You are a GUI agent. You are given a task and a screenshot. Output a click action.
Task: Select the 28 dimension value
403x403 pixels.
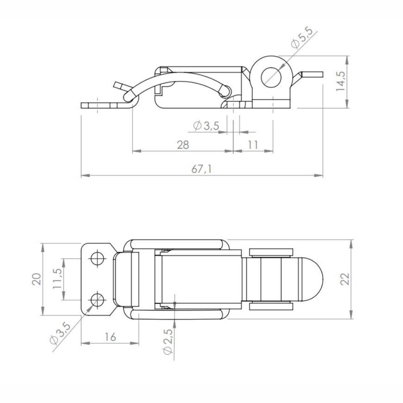tap(183, 145)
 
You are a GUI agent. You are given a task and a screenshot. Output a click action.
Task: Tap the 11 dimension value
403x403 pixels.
tap(253, 145)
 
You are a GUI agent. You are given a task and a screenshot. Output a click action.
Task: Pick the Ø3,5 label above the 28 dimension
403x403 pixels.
tap(206, 126)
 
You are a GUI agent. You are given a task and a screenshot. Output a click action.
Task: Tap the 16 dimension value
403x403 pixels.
tap(109, 337)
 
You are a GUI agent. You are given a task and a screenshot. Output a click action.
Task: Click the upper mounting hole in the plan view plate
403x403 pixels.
tap(97, 258)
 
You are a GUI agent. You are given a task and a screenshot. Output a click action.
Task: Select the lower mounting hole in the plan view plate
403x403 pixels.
tap(97, 299)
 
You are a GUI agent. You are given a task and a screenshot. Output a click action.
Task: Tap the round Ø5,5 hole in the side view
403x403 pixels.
tap(271, 76)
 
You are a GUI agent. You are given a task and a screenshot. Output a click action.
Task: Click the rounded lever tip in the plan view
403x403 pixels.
tap(314, 279)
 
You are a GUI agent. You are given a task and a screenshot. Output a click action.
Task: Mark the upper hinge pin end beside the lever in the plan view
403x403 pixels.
tap(271, 253)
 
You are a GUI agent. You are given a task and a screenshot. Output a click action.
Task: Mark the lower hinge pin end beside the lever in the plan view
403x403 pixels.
tap(271, 306)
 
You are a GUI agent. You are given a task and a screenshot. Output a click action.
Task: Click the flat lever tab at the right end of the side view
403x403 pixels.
tap(312, 74)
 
